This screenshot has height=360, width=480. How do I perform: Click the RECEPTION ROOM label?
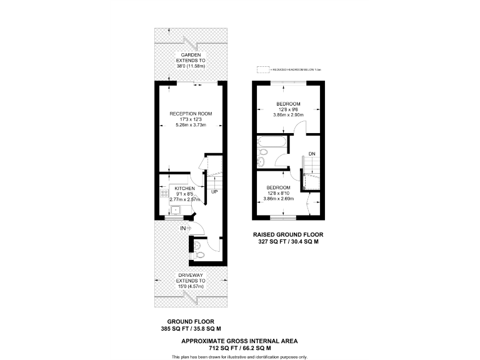(x=191, y=114)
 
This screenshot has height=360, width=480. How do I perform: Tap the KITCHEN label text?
(x=184, y=188)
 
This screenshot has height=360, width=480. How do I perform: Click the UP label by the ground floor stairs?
(x=214, y=191)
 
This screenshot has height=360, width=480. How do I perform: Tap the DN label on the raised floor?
(x=311, y=153)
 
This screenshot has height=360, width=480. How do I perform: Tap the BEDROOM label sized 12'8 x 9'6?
(x=288, y=104)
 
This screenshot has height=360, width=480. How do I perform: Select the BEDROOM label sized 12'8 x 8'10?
(x=278, y=188)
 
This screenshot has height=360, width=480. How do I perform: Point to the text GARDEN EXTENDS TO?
(x=191, y=57)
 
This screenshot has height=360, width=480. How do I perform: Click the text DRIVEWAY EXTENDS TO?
(x=191, y=279)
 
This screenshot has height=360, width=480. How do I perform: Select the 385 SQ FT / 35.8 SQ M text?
(x=191, y=329)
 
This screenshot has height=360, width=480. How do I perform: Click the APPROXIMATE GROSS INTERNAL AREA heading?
(x=239, y=341)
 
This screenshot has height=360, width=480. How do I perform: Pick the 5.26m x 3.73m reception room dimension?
(x=191, y=125)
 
